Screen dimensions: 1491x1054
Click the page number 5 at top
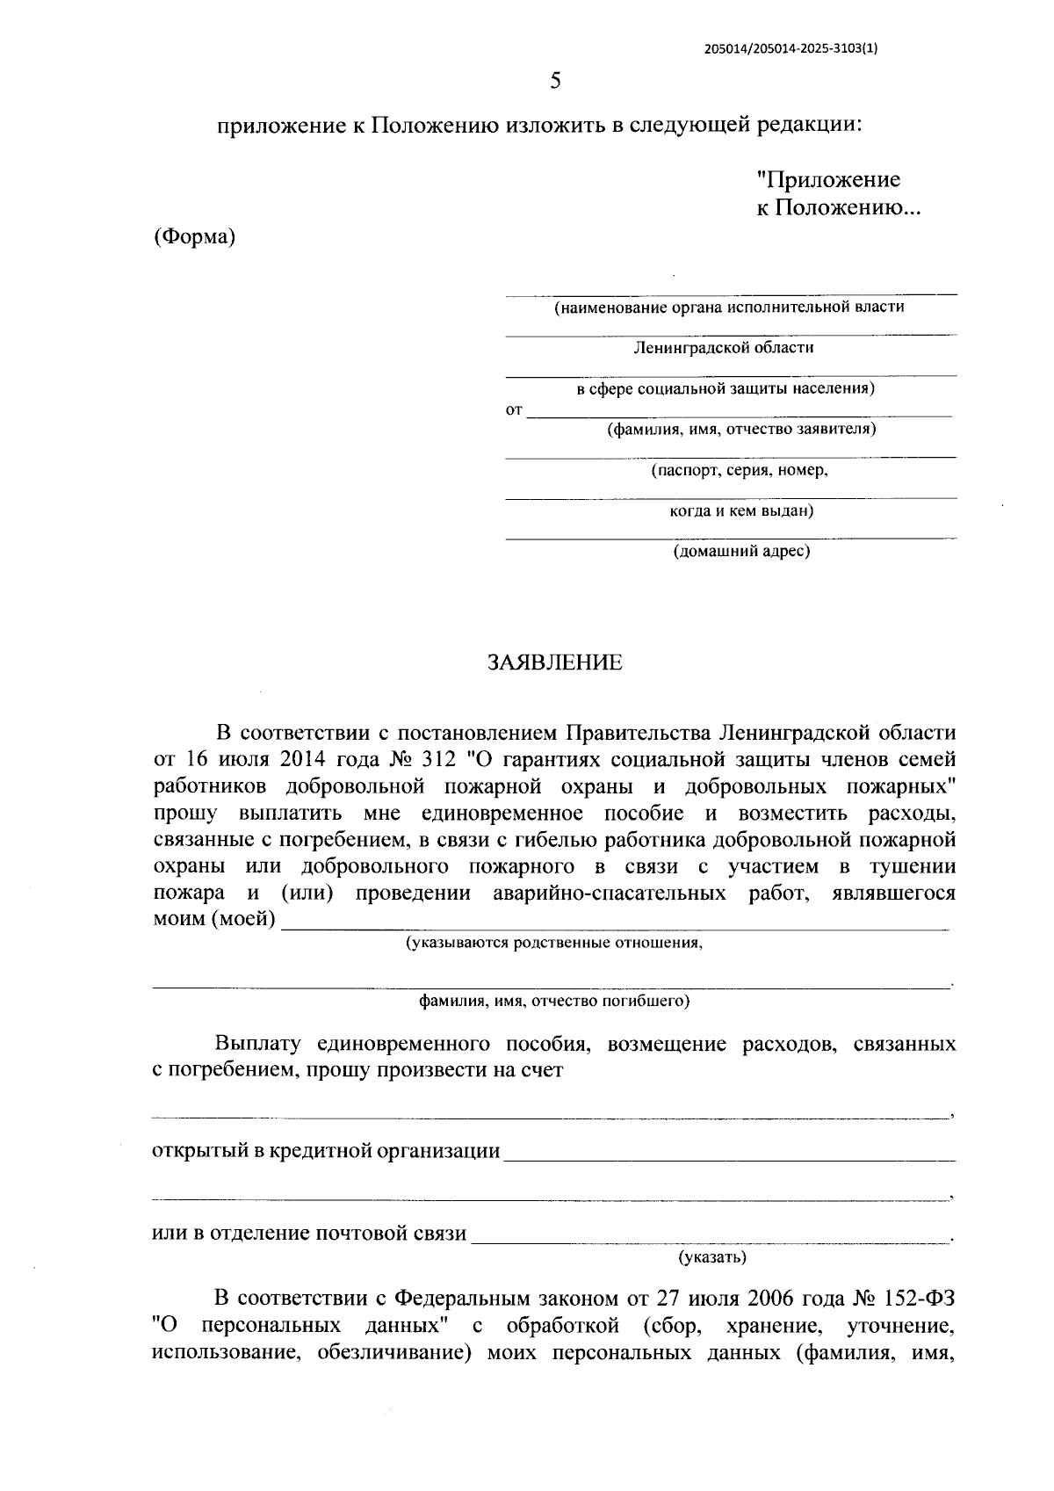tap(554, 82)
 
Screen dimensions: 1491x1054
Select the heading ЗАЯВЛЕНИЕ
tap(554, 662)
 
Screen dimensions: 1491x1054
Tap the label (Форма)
tap(194, 237)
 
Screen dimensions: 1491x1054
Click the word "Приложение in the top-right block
tap(828, 180)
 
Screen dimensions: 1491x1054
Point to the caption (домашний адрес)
tap(741, 552)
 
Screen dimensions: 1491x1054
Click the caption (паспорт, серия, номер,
tap(739, 470)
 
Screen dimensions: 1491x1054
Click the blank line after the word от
tap(738, 411)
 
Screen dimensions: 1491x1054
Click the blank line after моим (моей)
tap(615, 923)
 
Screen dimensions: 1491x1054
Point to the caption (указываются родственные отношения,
tap(553, 943)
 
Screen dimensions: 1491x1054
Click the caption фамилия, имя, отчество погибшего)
tap(553, 1001)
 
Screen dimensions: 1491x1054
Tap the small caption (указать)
tap(711, 1257)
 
